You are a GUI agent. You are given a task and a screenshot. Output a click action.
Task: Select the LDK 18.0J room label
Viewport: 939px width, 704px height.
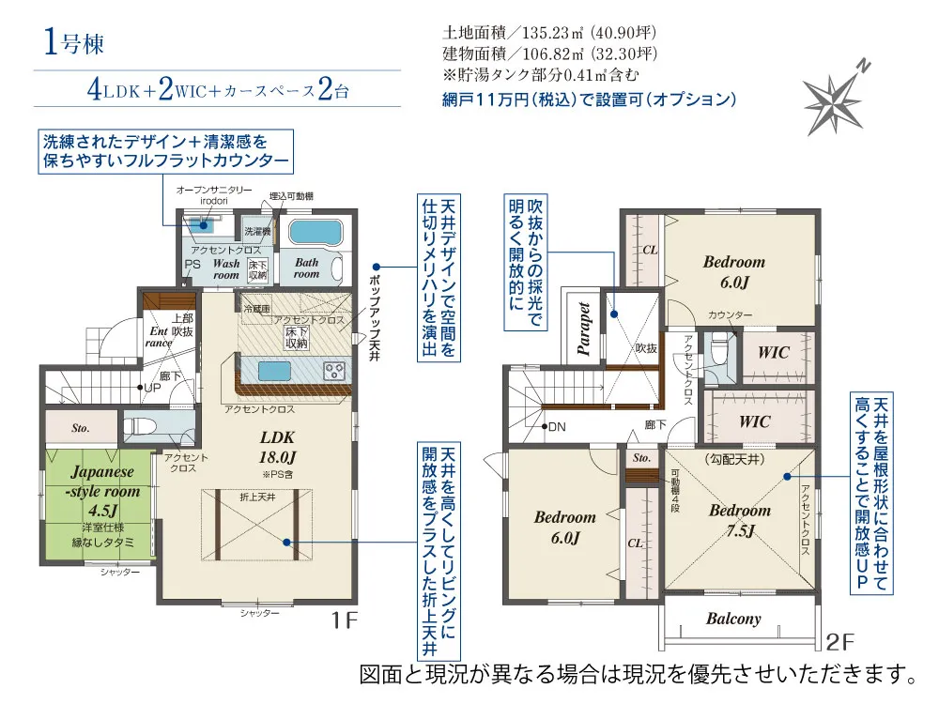coord(277,447)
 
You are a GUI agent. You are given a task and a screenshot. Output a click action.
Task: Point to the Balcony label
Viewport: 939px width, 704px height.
coord(733,619)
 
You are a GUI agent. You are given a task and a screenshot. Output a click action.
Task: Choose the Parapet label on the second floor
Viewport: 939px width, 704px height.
coord(584,328)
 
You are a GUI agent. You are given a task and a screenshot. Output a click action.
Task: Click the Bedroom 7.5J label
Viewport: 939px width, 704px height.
coord(739,520)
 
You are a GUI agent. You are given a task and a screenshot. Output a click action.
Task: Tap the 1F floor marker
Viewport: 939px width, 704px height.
coord(344,621)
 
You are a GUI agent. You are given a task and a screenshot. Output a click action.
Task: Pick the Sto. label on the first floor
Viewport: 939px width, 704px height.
coord(81,428)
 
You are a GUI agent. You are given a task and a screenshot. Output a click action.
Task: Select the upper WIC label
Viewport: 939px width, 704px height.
coord(774,353)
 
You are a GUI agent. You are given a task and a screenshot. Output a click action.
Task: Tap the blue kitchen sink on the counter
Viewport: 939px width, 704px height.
coord(271,369)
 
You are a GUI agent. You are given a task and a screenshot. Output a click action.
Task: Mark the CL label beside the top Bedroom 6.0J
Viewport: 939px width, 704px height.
coord(649,251)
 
